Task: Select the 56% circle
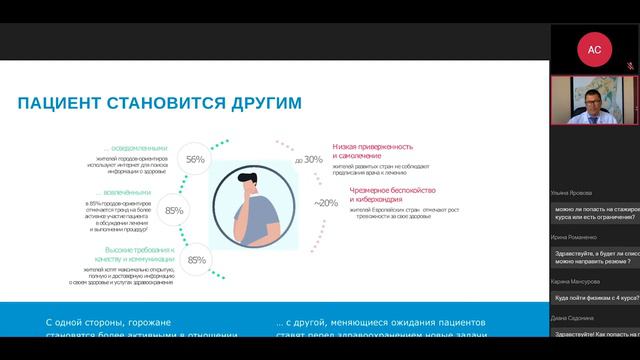tap(195, 159)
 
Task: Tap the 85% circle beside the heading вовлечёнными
tap(174, 210)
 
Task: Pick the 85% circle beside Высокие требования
tap(197, 260)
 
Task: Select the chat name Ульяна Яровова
tap(573, 194)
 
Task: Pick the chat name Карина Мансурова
tap(577, 282)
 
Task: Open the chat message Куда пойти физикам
tap(596, 297)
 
